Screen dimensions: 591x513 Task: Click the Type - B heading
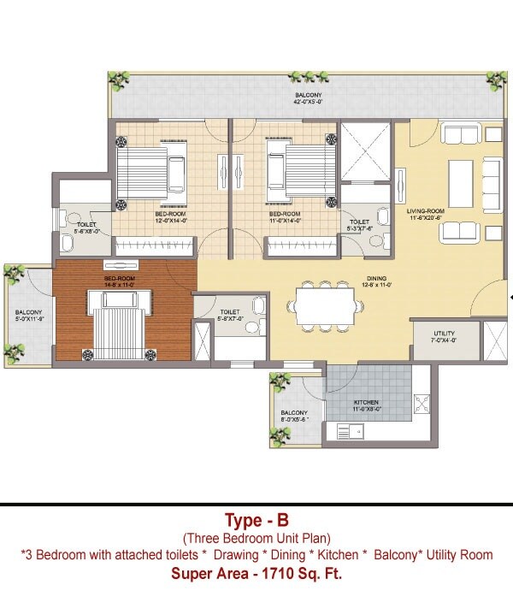click(256, 520)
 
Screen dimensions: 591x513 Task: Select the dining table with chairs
click(324, 305)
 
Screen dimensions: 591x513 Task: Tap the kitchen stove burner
click(421, 401)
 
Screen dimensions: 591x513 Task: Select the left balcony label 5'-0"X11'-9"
click(29, 316)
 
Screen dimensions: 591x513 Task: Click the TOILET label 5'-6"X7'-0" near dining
click(229, 316)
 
